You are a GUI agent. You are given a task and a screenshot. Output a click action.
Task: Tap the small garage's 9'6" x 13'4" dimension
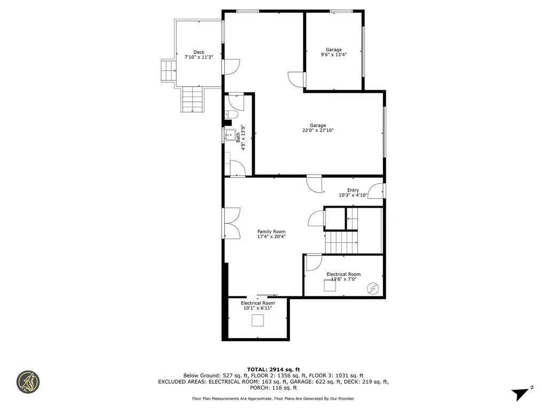click(x=334, y=54)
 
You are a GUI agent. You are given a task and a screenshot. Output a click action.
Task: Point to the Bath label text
click(x=238, y=138)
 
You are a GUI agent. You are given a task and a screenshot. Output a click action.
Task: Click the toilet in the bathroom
click(x=231, y=114)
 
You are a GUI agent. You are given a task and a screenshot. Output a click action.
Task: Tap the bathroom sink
click(x=229, y=135)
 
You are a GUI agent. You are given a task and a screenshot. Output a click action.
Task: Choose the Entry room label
click(x=353, y=193)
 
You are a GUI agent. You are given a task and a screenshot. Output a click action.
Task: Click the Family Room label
click(x=271, y=234)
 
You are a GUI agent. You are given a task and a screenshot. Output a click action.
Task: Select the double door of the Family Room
click(x=231, y=223)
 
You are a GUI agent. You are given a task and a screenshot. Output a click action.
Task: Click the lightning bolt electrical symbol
click(x=372, y=289)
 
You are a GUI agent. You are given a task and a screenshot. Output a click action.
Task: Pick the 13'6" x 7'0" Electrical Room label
click(x=343, y=277)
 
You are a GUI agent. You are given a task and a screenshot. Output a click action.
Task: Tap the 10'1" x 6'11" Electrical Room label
click(x=257, y=305)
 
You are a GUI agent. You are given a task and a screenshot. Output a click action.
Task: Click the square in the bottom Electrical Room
click(x=258, y=320)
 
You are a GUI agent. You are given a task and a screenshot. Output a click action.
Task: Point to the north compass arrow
click(x=521, y=393)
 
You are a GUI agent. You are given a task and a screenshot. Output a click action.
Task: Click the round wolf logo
click(x=28, y=382)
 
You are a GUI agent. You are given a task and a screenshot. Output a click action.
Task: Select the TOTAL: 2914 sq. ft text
click(x=273, y=369)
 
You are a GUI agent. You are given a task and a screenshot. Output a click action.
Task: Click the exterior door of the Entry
click(x=378, y=191)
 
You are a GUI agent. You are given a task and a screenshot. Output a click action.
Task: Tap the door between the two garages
click(x=297, y=79)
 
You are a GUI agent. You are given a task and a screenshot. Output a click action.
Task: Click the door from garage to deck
click(x=231, y=66)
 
